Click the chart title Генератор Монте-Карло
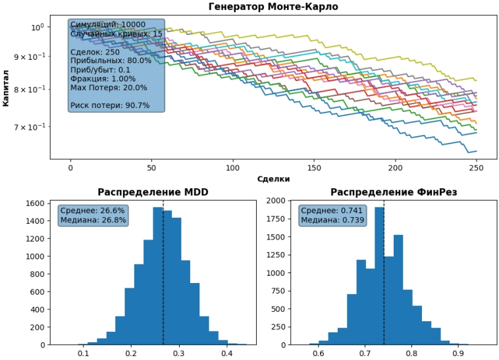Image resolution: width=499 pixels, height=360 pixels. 273,7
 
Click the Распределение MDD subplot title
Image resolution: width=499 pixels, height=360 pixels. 153,192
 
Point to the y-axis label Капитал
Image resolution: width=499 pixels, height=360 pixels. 6,89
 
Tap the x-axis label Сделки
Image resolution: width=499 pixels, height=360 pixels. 273,178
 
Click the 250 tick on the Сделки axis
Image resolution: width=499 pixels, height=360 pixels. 477,168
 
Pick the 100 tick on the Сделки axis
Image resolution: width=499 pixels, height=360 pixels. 233,168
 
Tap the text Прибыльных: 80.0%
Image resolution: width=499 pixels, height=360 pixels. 111,61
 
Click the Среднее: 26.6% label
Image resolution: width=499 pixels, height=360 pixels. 93,211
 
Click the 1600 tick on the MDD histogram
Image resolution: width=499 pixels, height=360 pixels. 36,204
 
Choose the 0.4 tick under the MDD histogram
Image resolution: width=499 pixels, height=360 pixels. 227,353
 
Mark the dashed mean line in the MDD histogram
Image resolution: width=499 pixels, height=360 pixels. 163,276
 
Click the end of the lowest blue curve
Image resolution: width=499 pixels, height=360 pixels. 477,151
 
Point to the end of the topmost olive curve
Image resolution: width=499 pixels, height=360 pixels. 477,80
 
